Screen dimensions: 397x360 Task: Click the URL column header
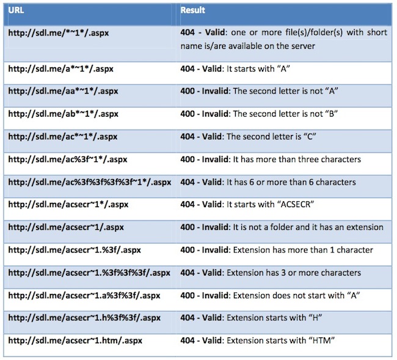pyautogui.click(x=16, y=10)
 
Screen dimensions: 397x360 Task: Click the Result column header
pyautogui.click(x=192, y=10)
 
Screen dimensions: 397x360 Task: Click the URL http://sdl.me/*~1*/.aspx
pyautogui.click(x=59, y=32)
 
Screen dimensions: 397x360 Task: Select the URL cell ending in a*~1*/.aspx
pyautogui.click(x=60, y=68)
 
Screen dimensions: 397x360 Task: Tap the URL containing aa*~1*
pyautogui.click(x=63, y=91)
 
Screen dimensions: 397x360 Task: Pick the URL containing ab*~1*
pyautogui.click(x=64, y=114)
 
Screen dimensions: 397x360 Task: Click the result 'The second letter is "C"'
pyautogui.click(x=271, y=136)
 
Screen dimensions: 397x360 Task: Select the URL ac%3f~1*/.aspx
pyautogui.click(x=68, y=160)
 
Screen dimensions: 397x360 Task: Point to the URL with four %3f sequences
pyautogui.click(x=90, y=182)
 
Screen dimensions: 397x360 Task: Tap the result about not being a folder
pyautogui.click(x=282, y=227)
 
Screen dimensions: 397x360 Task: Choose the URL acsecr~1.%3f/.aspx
pyautogui.click(x=75, y=250)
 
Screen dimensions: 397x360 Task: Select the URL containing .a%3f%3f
pyautogui.click(x=84, y=295)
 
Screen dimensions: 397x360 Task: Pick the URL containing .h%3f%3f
pyautogui.click(x=84, y=318)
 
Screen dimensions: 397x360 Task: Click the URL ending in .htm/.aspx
pyautogui.click(x=75, y=340)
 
